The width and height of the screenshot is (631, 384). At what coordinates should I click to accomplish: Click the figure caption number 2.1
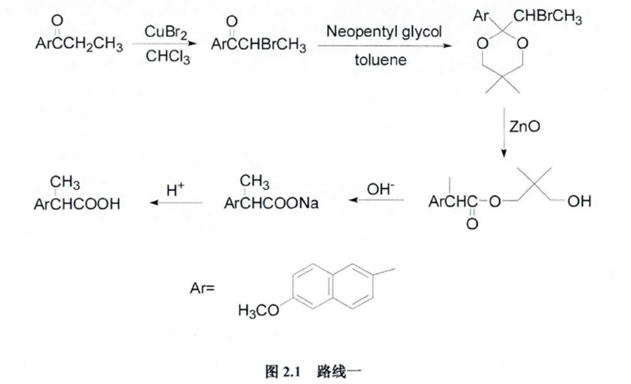(x=288, y=372)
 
